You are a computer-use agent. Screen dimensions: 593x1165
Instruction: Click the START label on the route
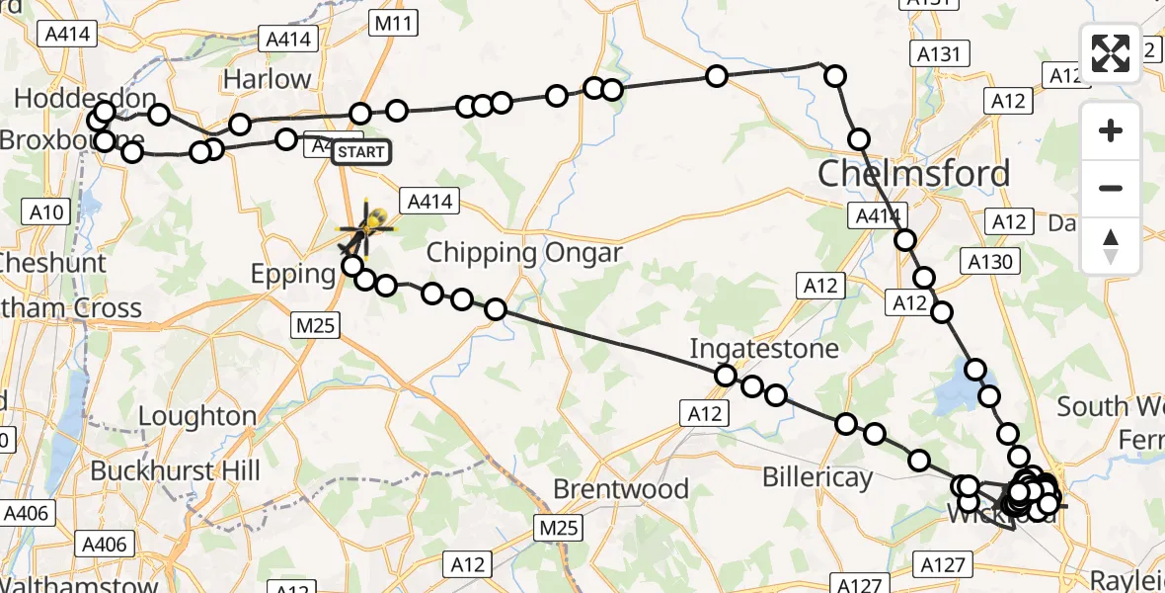[360, 152]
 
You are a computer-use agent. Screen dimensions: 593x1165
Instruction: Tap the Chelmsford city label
[913, 174]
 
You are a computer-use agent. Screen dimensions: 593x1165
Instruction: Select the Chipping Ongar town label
[524, 253]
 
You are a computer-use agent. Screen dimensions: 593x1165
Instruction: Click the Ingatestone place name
[764, 348]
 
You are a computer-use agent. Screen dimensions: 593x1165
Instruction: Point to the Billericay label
[817, 477]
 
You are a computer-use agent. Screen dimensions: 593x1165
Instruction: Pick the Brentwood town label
[621, 488]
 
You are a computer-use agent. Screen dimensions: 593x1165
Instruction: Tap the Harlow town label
[267, 79]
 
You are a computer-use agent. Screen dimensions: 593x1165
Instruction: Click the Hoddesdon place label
[85, 99]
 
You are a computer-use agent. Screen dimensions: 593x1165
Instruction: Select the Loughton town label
[197, 416]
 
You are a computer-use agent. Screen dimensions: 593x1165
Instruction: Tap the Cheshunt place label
[53, 263]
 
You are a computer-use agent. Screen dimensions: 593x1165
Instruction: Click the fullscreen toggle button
[1111, 53]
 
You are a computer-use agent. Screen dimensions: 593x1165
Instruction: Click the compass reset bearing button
[1111, 245]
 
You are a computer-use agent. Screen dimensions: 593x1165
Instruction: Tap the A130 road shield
[989, 261]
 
